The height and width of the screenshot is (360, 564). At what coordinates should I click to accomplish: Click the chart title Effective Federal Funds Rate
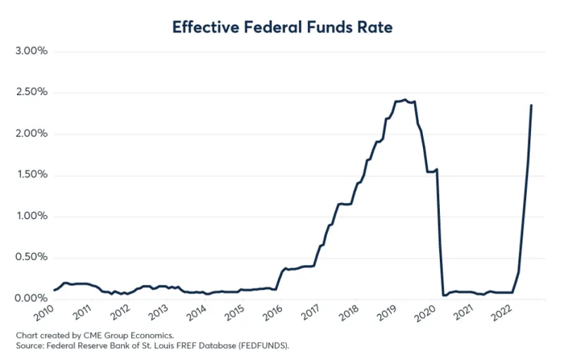[x=282, y=27]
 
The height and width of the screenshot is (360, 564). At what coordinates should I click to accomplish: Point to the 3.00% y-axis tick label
[x=30, y=51]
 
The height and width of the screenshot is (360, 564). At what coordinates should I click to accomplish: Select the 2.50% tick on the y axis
[x=30, y=92]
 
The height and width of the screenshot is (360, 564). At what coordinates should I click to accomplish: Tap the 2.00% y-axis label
[x=30, y=134]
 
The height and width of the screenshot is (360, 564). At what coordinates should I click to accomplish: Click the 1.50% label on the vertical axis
[x=30, y=175]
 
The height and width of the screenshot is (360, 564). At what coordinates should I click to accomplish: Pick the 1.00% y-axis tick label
[x=30, y=216]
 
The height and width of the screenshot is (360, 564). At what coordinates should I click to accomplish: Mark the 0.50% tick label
[x=30, y=258]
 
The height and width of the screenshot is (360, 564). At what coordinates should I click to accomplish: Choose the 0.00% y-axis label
[x=30, y=299]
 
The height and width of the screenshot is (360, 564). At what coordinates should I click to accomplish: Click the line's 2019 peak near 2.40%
[x=405, y=100]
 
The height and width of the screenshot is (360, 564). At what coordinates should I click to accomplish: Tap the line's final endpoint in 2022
[x=531, y=106]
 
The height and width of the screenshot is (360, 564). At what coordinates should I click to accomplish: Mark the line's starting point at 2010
[x=54, y=290]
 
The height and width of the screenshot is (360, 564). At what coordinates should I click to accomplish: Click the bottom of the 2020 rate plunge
[x=443, y=294]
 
